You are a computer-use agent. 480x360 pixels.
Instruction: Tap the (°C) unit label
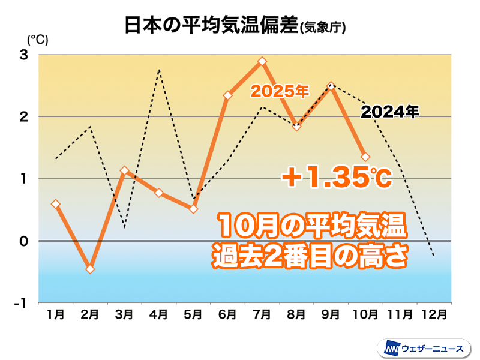[37, 40]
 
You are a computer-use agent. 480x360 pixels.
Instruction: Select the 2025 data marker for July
[262, 61]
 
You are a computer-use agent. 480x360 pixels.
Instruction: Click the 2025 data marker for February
[90, 269]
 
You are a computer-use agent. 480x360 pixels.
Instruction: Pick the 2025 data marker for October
[365, 157]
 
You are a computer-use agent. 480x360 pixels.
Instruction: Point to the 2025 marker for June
[228, 95]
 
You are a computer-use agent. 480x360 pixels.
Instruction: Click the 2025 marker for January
[56, 204]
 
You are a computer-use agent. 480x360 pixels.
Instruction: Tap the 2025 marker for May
[193, 209]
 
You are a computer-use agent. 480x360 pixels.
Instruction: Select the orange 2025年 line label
[280, 92]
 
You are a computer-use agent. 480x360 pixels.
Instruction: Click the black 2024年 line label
[389, 111]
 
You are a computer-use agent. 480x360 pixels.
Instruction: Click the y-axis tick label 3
[25, 55]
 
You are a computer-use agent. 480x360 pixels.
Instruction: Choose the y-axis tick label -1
[22, 303]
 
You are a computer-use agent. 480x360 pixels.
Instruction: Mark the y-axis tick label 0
[25, 241]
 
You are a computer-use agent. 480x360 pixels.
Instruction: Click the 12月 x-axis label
[434, 314]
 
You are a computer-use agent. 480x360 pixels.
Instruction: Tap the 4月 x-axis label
[159, 314]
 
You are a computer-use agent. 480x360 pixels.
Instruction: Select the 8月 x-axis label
[296, 314]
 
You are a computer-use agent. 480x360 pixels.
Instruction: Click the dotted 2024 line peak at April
[159, 70]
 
